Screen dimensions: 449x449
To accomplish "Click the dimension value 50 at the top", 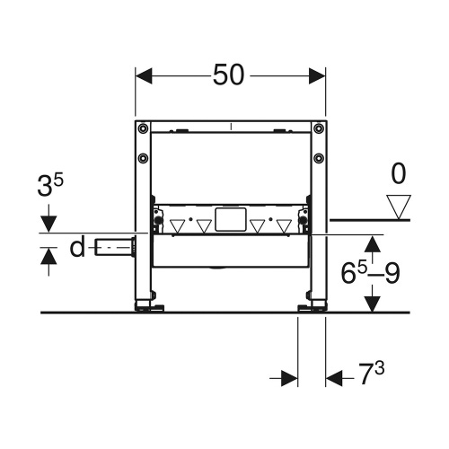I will point(230,76).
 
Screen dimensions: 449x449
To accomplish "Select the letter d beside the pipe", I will point(78,246).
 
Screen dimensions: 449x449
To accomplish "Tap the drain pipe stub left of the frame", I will point(114,244).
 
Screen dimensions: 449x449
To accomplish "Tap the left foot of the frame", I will point(148,308).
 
